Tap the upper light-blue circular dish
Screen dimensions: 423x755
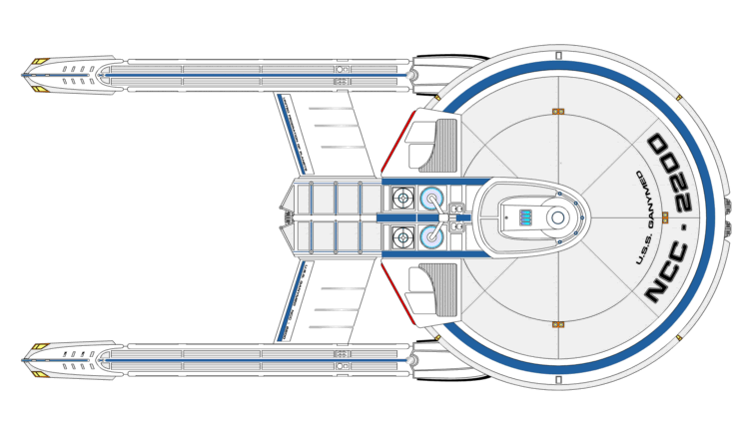433,198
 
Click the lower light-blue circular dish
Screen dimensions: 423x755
433,236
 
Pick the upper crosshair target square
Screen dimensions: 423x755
403,198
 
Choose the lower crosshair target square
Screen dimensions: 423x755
403,236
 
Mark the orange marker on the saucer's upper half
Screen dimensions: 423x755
558,110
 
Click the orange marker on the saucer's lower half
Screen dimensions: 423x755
558,324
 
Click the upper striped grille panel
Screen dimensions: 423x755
445,142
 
